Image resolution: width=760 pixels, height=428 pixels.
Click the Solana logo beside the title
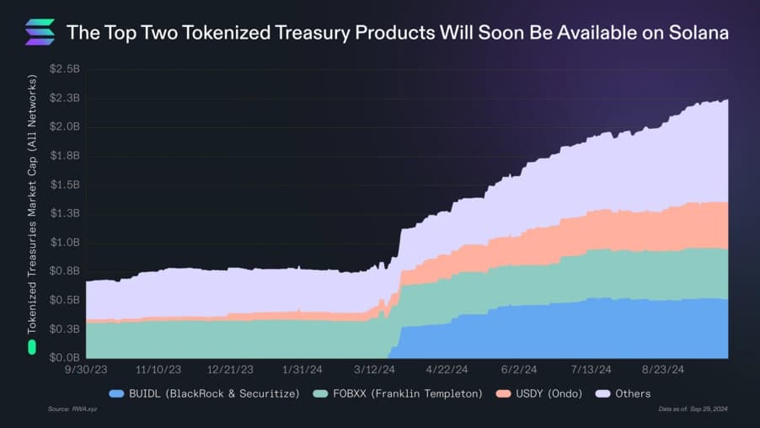(40, 32)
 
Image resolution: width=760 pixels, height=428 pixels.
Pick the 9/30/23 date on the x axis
(86, 370)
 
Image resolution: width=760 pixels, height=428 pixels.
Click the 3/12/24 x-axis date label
(374, 370)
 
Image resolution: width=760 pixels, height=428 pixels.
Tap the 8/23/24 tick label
(663, 370)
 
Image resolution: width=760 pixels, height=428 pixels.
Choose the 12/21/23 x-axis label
(230, 370)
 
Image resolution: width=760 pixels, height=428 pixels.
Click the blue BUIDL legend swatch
(116, 393)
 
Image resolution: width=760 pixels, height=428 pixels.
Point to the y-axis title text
(32, 202)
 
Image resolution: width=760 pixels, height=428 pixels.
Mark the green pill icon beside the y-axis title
(32, 346)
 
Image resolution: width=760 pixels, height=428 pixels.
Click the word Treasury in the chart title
(314, 33)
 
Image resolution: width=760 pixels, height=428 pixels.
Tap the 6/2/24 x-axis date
(519, 370)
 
